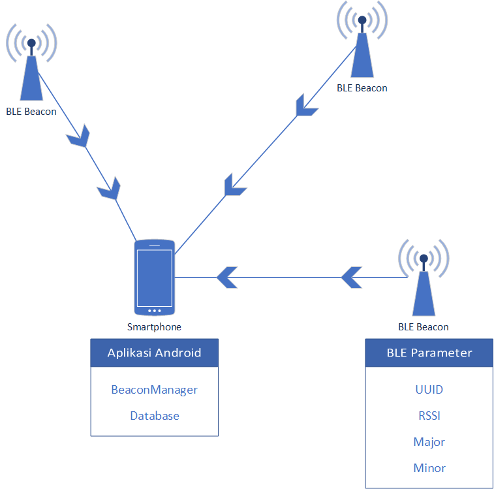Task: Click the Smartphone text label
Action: pos(154,327)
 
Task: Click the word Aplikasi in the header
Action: pos(129,353)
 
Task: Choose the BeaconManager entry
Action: pos(154,390)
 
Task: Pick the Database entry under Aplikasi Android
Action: pos(154,416)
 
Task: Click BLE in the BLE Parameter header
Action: pos(397,353)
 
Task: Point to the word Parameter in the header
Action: pos(441,353)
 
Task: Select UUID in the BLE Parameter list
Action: pos(429,390)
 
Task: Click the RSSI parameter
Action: pos(429,416)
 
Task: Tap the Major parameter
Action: pos(429,442)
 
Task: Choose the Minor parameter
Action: pos(429,468)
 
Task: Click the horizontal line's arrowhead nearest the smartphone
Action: pos(227,277)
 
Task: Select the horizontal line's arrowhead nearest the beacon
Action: pos(352,277)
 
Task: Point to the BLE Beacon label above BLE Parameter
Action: pos(423,327)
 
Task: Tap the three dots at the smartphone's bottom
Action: pos(155,310)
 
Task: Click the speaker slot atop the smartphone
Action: pos(155,245)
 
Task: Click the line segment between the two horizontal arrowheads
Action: pos(290,277)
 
